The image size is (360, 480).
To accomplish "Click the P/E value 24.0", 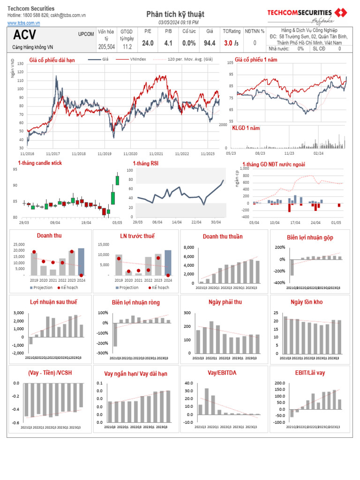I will pyautogui.click(x=148, y=43).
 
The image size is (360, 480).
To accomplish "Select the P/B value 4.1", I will pyautogui.click(x=168, y=43).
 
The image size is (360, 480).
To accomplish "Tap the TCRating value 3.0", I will pyautogui.click(x=229, y=43).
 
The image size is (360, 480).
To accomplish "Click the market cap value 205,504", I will pyautogui.click(x=106, y=47).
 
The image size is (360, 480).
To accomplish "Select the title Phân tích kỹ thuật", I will pyautogui.click(x=175, y=15).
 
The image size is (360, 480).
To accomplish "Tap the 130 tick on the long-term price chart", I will pyautogui.click(x=20, y=64).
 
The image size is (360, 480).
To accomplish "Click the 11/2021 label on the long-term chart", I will pyautogui.click(x=156, y=153).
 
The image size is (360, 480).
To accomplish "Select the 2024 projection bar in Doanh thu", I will pyautogui.click(x=81, y=262).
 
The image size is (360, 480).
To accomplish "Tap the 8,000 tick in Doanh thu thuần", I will pyautogui.click(x=188, y=247).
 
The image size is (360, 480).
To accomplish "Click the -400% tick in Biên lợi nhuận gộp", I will pyautogui.click(x=279, y=283).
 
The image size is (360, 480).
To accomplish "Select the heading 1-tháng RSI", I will pyautogui.click(x=145, y=163).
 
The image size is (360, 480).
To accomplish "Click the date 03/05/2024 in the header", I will pyautogui.click(x=170, y=22).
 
